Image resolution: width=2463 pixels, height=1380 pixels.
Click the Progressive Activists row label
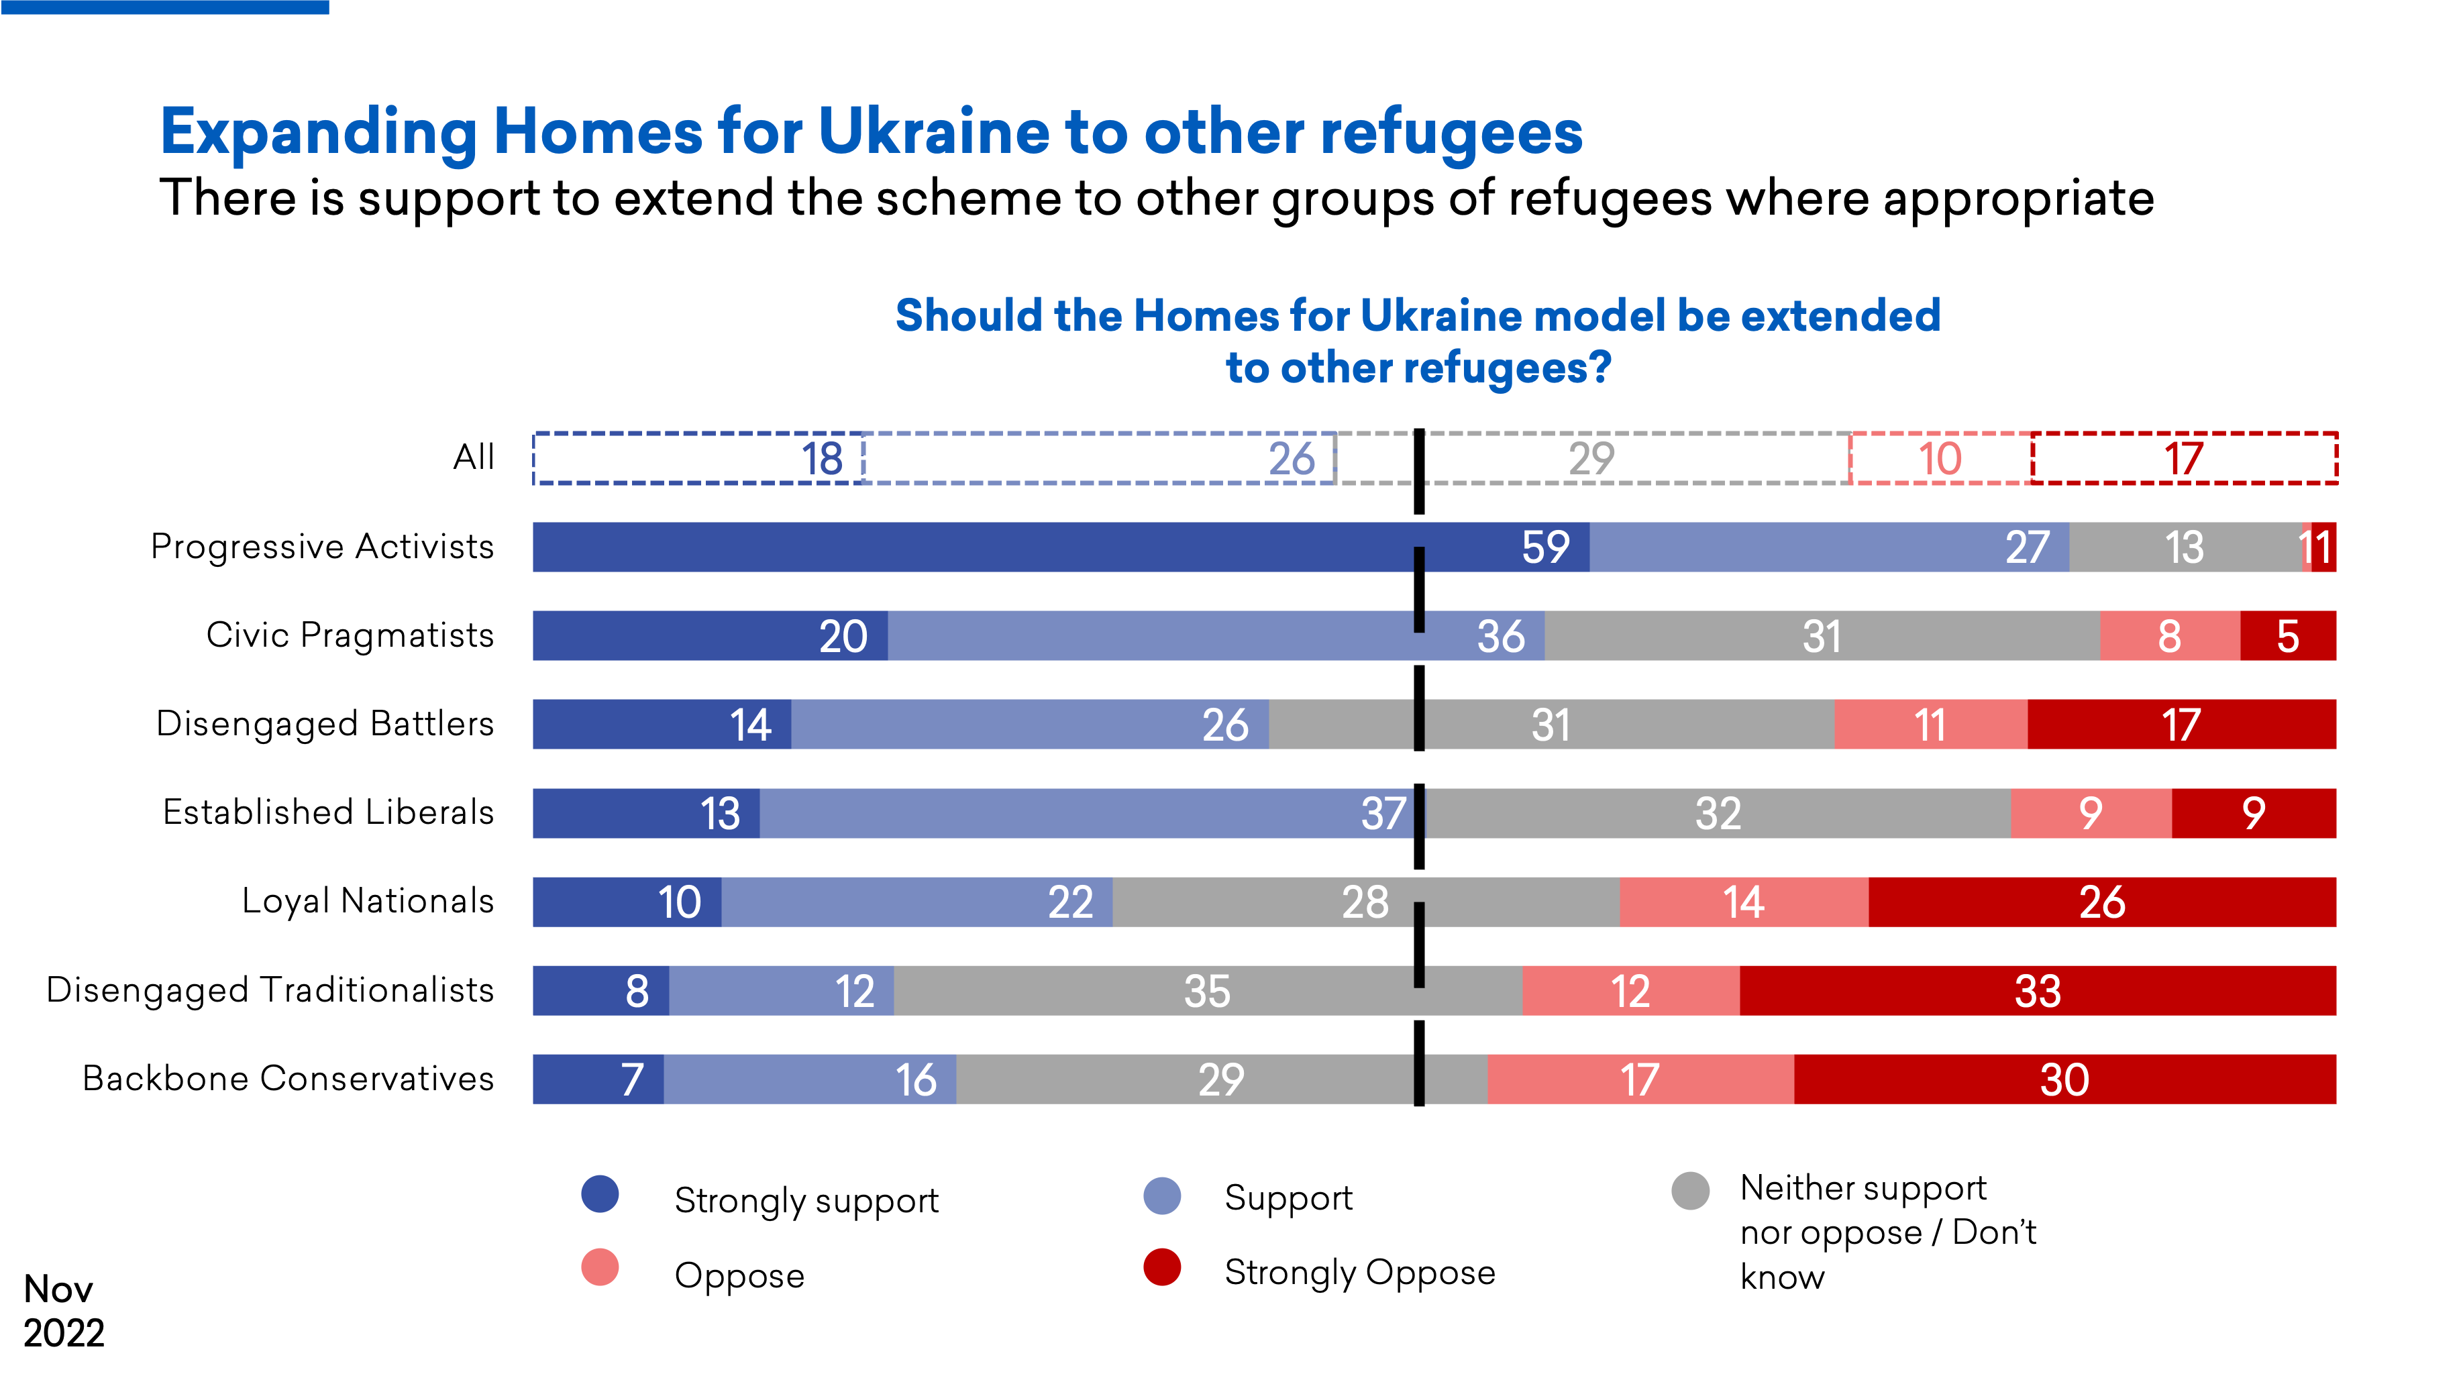pyautogui.click(x=322, y=547)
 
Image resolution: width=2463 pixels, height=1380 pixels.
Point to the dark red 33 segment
pyautogui.click(x=2038, y=991)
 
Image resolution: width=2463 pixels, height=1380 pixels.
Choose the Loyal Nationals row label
pyautogui.click(x=368, y=901)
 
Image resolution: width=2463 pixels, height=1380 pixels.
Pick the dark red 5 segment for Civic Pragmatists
pyautogui.click(x=2288, y=636)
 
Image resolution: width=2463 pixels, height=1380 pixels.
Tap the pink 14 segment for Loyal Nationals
pyautogui.click(x=1744, y=902)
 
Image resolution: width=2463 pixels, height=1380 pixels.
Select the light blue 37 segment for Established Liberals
pyautogui.click(x=1090, y=813)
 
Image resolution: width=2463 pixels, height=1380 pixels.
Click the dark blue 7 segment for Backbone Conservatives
pyautogui.click(x=598, y=1079)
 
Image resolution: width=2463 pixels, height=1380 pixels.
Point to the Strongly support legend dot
pyautogui.click(x=600, y=1193)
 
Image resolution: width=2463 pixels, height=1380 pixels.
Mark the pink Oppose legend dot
pyautogui.click(x=600, y=1267)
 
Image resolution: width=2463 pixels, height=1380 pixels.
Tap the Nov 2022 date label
pyautogui.click(x=62, y=1310)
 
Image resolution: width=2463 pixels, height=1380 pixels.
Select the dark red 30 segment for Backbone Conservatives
pyautogui.click(x=2064, y=1079)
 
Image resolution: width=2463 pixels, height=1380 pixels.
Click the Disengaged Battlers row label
pyautogui.click(x=325, y=724)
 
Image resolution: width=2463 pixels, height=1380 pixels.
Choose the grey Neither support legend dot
pyautogui.click(x=1691, y=1191)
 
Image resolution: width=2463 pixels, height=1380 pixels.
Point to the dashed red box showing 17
pyautogui.click(x=2185, y=459)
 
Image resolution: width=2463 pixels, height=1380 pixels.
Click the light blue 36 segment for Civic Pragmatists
pyautogui.click(x=1214, y=636)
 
